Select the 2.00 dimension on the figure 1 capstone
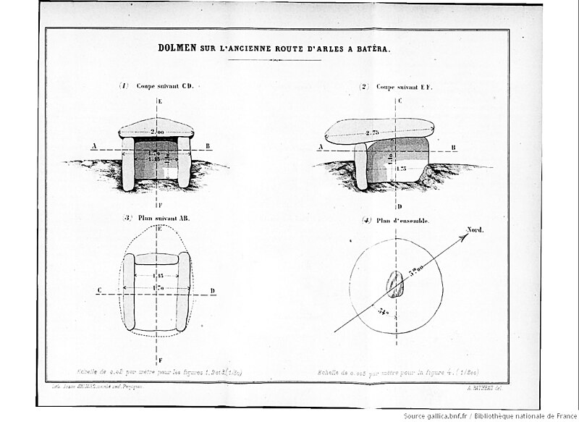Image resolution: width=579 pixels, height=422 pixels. tap(157, 132)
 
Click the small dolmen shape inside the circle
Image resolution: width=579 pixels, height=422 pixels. tap(394, 284)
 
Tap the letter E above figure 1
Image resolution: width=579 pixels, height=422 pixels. tap(158, 99)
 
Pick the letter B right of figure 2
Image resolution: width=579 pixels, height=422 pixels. tap(454, 148)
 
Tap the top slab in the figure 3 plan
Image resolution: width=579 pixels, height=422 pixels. tap(156, 258)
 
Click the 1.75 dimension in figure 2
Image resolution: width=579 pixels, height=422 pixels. tap(401, 168)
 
